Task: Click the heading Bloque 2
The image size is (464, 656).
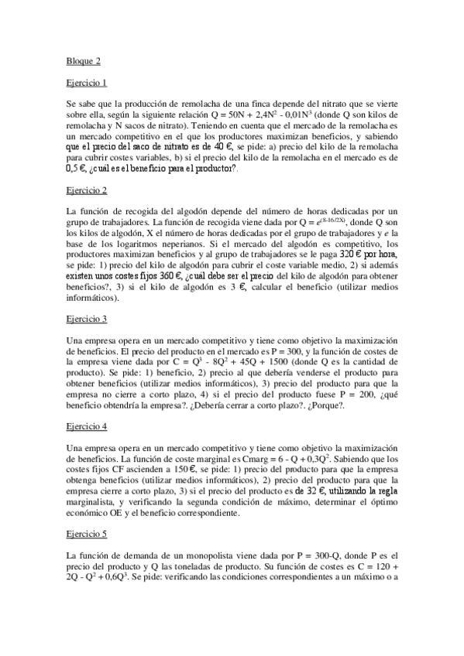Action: pyautogui.click(x=84, y=60)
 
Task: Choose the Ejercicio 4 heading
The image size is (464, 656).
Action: pyautogui.click(x=87, y=426)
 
